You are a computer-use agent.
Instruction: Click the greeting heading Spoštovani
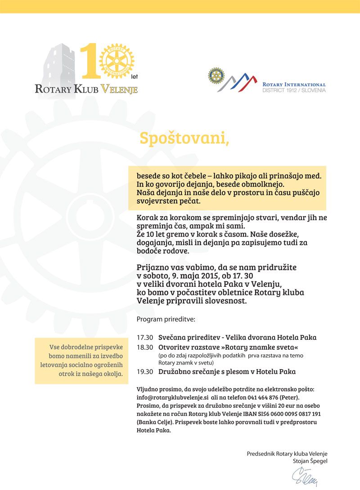tap(184, 138)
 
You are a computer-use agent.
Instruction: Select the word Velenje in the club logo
tap(119, 89)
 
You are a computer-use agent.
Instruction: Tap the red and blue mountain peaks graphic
tap(243, 81)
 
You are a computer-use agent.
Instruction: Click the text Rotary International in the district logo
tap(294, 84)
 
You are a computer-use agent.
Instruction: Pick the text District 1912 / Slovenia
tap(294, 90)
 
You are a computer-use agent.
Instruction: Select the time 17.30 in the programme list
tap(145, 337)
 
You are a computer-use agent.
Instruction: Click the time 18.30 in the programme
tap(145, 347)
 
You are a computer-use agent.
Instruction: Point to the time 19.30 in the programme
tap(145, 372)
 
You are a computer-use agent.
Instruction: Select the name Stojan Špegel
tap(310, 461)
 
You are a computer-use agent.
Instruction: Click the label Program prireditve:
tap(166, 320)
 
